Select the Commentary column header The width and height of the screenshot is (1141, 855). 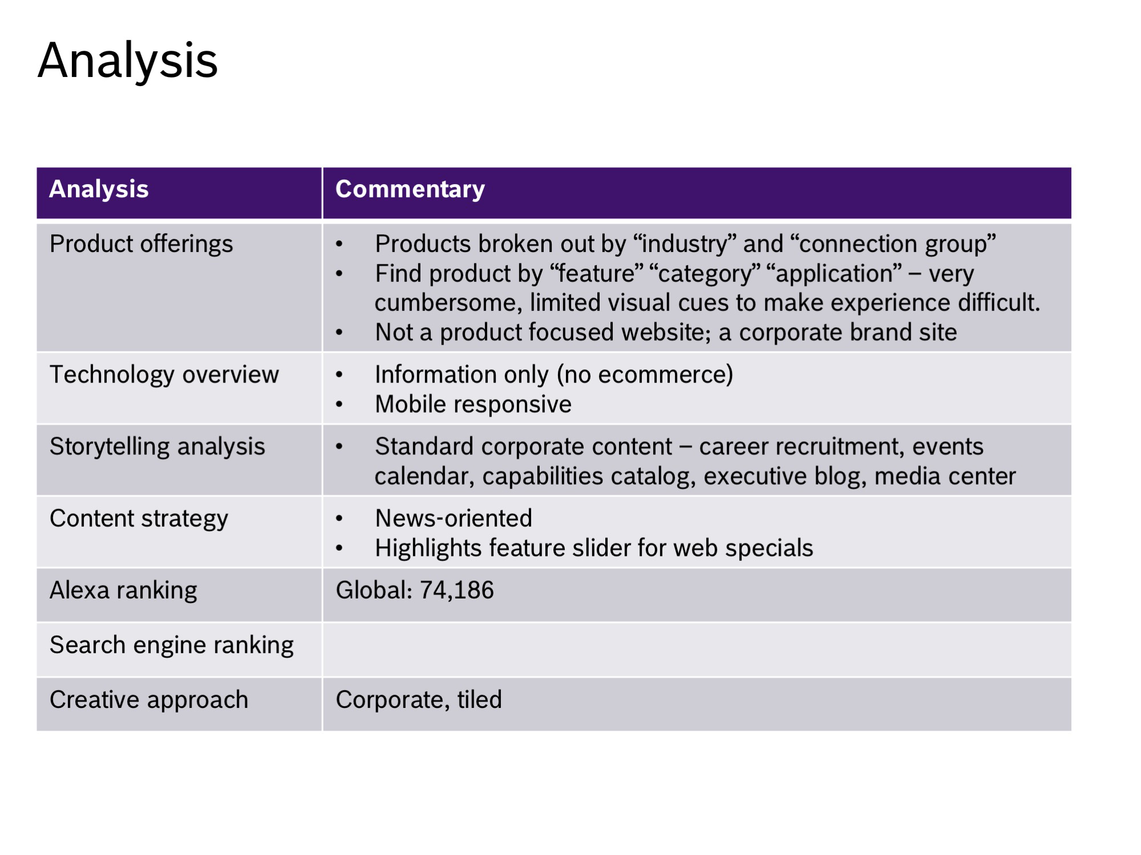click(x=410, y=189)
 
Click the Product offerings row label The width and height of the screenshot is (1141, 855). click(x=141, y=245)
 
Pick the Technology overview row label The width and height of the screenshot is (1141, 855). click(x=164, y=375)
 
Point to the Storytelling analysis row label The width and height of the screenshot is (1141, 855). click(x=157, y=447)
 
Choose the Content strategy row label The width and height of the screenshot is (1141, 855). click(x=139, y=519)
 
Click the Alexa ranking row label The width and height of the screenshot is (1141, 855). click(x=124, y=591)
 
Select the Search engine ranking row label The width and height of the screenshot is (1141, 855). click(x=172, y=645)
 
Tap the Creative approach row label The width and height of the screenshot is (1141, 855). click(x=149, y=700)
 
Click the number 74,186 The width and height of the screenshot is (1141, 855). click(x=457, y=591)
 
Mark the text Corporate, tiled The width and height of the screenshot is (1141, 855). click(x=419, y=700)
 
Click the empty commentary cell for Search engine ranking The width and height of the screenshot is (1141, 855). click(x=697, y=650)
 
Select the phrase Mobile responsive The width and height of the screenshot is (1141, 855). click(x=474, y=405)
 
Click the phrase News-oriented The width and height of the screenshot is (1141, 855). click(x=454, y=519)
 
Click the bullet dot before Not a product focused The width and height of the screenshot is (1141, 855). click(x=339, y=333)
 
